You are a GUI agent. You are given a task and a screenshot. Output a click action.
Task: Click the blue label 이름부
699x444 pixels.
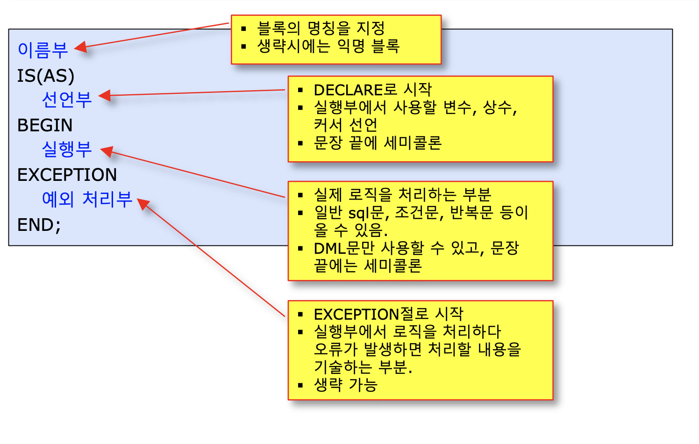click(x=43, y=50)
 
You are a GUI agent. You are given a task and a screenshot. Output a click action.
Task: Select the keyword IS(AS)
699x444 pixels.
click(x=46, y=76)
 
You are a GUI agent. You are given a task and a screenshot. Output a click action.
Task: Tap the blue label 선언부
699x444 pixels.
click(x=67, y=100)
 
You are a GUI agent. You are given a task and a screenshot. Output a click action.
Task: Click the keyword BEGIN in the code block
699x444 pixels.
click(x=45, y=125)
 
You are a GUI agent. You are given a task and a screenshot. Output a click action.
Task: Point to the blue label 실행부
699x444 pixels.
click(x=67, y=149)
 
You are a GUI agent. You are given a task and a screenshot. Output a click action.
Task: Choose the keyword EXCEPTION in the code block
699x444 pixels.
click(x=67, y=175)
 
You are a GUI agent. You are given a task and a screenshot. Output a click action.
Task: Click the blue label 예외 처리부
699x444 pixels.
click(x=87, y=199)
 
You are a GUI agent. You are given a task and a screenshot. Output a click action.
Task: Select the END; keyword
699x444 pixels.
click(x=39, y=225)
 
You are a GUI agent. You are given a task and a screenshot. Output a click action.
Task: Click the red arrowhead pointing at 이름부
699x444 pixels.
click(x=81, y=47)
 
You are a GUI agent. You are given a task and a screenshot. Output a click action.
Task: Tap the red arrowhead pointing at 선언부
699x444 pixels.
click(x=105, y=95)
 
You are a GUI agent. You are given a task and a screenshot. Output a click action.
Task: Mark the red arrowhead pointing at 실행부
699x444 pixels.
click(x=107, y=151)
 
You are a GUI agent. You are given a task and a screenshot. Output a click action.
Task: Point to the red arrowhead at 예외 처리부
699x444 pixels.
click(x=143, y=204)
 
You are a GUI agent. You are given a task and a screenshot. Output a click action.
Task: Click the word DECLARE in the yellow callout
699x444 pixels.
click(x=349, y=90)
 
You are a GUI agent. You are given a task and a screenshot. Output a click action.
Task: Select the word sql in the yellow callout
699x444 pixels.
click(x=358, y=213)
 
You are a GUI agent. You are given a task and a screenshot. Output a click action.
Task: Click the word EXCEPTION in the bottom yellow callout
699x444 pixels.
click(x=357, y=314)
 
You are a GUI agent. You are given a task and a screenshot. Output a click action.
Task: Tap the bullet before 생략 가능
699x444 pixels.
click(x=300, y=386)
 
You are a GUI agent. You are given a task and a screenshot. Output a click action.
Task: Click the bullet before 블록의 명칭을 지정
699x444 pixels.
click(x=243, y=29)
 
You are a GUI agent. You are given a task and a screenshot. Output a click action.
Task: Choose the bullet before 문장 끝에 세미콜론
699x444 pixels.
click(x=300, y=143)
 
